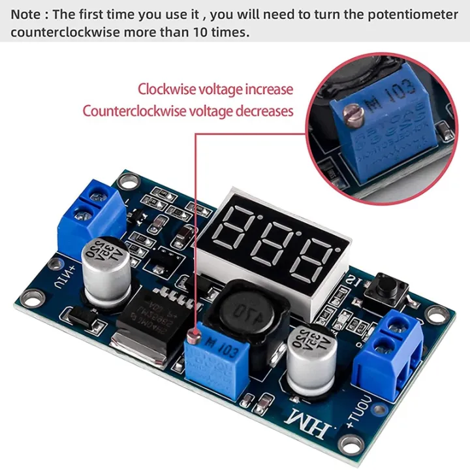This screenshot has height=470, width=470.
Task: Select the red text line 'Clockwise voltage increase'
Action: (x=215, y=89)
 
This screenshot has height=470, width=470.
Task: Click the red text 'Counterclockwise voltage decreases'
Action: (x=188, y=111)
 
